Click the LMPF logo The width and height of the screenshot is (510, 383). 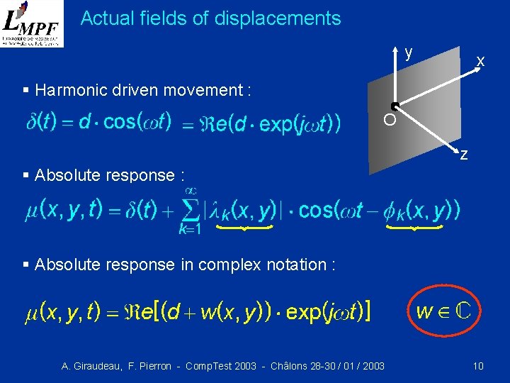[x=32, y=23]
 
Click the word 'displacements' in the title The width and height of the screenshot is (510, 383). [x=290, y=18]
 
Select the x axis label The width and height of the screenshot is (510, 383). [x=480, y=62]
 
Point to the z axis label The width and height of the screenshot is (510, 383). [x=463, y=154]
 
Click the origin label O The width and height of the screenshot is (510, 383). [x=390, y=121]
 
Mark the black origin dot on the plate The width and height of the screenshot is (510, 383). [x=395, y=107]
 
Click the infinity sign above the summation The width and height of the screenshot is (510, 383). [x=190, y=190]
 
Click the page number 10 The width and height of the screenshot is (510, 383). [x=478, y=366]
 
